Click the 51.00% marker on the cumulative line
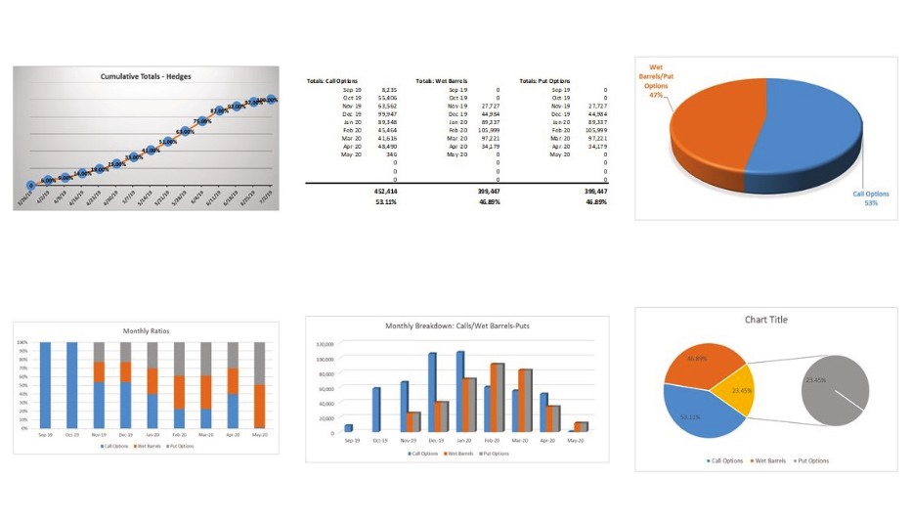coord(168,142)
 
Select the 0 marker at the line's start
coord(31,184)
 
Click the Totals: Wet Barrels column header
coord(441,81)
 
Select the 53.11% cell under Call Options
coord(384,202)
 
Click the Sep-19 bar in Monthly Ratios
coord(45,385)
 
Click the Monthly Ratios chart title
coord(146,330)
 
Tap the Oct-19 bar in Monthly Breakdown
coord(375,410)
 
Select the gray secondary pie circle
coord(834,388)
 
